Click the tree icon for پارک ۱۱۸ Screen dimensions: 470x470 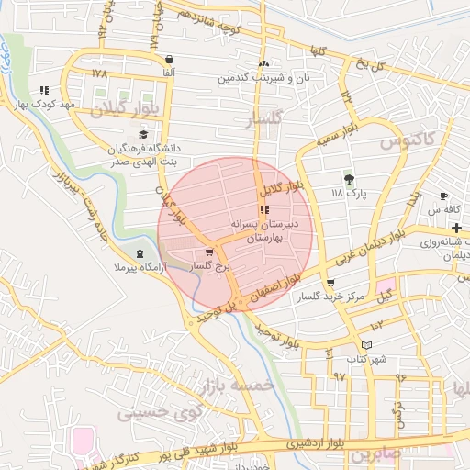tap(348, 178)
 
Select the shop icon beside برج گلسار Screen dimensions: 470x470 tap(209, 251)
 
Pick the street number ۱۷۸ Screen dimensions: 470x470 tap(100, 72)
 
